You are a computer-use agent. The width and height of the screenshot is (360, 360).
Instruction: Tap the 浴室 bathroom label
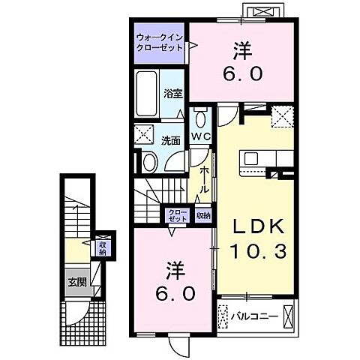pyautogui.click(x=173, y=94)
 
